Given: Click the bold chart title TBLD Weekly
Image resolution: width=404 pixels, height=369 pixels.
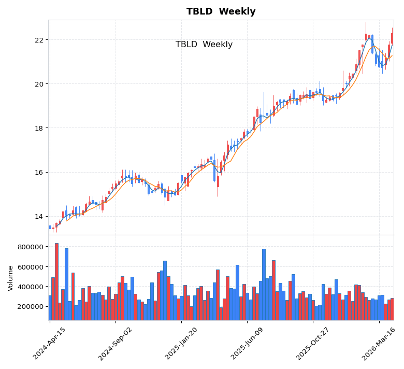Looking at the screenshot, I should point(221,12).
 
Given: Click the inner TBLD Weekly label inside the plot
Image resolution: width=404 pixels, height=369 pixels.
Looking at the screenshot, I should point(204,45).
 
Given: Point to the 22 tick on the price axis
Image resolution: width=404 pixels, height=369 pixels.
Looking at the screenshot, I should point(39,40).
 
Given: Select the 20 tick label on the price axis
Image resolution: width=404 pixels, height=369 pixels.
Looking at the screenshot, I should point(39,84).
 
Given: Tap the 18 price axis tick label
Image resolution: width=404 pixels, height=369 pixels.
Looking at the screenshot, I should point(39,128).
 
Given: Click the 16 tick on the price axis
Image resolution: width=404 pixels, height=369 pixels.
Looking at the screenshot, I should point(39,173).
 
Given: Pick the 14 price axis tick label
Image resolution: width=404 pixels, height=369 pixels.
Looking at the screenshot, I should point(39,217).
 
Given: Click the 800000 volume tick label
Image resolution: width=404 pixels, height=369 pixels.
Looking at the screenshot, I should point(30,247).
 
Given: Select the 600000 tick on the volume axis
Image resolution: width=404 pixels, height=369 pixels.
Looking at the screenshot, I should point(30,267).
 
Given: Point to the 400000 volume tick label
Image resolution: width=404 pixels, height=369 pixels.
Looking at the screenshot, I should point(30,287).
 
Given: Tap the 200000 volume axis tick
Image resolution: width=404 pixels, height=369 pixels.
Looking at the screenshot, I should point(30,306).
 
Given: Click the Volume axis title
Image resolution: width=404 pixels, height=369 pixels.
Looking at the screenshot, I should point(11,278).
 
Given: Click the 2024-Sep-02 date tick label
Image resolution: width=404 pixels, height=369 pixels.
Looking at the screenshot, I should point(116,343).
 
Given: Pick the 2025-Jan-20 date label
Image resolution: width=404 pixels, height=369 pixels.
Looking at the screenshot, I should point(181,343).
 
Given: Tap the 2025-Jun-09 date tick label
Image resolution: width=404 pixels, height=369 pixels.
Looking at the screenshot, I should point(247,343).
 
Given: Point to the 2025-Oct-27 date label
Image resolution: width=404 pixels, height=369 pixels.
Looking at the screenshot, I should point(313,343).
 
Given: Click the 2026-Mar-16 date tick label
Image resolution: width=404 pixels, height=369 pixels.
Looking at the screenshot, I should point(379,343).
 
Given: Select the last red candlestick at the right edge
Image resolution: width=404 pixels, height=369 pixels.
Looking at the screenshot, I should point(392,38).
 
